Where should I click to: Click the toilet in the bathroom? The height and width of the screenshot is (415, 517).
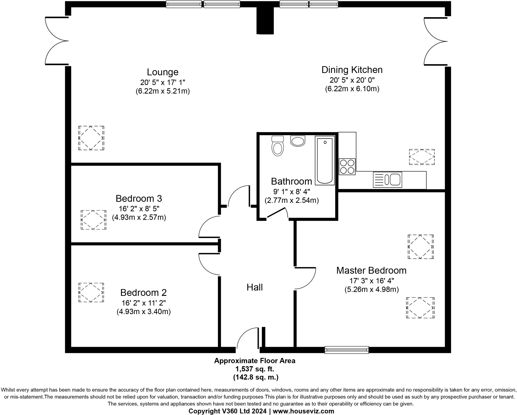point(278,147)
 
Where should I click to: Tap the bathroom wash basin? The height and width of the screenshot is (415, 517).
point(298,141)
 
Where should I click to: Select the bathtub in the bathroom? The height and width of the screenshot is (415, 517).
point(325,160)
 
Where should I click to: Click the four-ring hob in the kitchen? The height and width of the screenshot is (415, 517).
point(347,167)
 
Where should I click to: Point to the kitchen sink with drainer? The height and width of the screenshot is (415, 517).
point(387,180)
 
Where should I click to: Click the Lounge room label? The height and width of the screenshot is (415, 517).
point(163,72)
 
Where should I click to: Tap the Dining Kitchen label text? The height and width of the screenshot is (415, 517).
point(352,70)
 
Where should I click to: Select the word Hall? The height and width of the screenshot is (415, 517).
point(254,287)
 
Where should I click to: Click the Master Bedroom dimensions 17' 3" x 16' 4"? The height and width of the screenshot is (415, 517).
point(372,281)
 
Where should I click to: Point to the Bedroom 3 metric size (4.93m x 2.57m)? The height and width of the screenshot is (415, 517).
point(139,217)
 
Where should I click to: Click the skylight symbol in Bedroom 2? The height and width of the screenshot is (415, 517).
point(91,292)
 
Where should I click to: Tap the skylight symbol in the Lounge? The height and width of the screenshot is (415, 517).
point(91,138)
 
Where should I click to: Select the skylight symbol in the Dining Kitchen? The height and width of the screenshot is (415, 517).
point(422,157)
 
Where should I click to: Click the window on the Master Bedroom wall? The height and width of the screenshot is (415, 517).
point(347,350)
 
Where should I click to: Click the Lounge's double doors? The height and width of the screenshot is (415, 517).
point(57,41)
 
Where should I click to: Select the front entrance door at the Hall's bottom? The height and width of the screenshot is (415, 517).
point(248,339)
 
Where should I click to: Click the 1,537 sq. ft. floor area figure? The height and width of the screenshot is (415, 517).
point(254,369)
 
